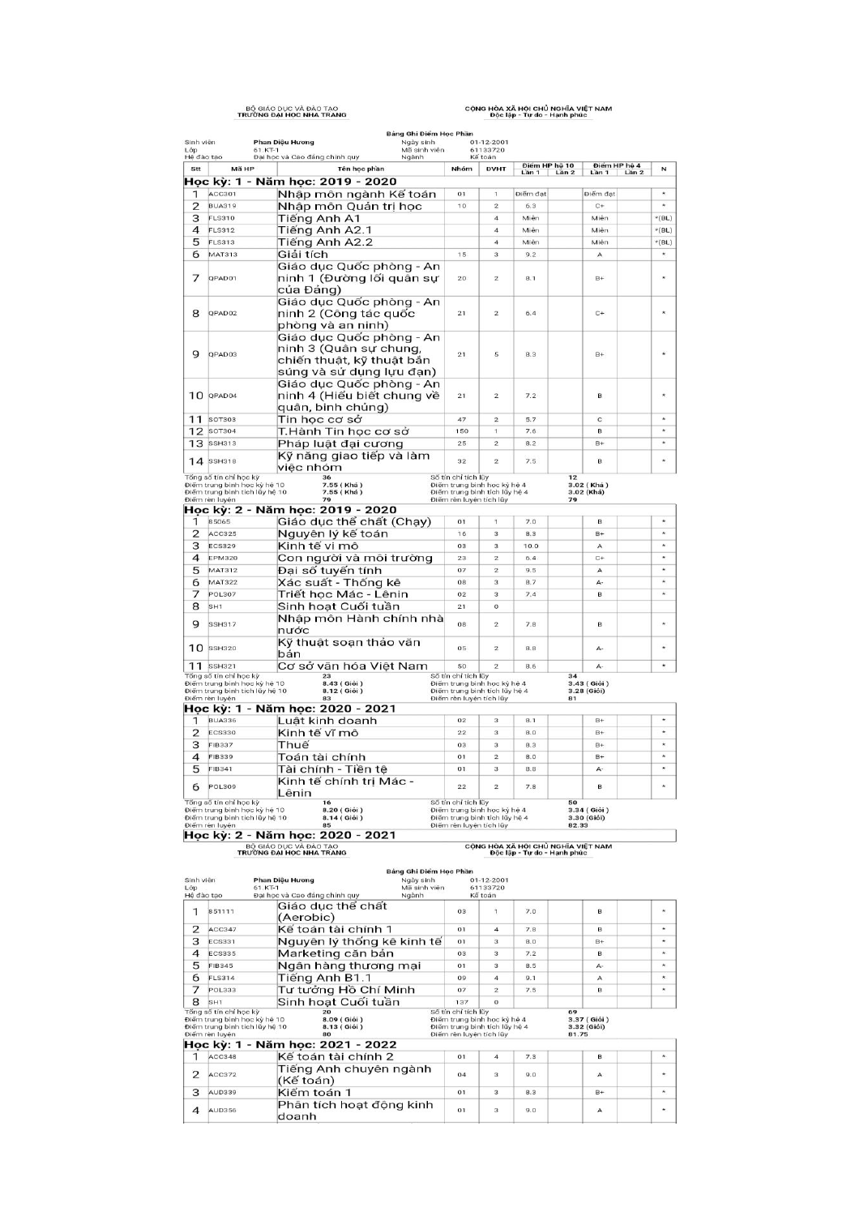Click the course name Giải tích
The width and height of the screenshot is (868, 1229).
[303, 255]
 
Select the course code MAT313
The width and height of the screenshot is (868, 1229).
[223, 255]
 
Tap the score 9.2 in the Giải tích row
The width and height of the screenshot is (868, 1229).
[531, 255]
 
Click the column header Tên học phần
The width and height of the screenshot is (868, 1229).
[361, 169]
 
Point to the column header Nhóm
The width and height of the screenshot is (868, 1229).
[462, 169]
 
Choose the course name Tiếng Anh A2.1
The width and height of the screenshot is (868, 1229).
[325, 230]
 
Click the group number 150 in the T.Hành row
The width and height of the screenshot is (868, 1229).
[462, 431]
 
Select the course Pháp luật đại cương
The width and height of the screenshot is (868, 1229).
[340, 443]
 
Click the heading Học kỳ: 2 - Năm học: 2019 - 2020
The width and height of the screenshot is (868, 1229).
[290, 510]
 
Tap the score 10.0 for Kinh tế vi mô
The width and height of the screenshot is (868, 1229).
[531, 546]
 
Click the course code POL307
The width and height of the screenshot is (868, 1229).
[223, 594]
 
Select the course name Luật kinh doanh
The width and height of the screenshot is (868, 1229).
[327, 721]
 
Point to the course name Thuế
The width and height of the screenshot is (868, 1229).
[293, 745]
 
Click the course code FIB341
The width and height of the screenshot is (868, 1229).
[221, 769]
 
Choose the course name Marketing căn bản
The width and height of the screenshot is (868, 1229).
[336, 953]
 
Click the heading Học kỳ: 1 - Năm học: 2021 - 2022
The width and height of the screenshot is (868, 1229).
[290, 1045]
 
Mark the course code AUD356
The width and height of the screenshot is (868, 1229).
[223, 1111]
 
